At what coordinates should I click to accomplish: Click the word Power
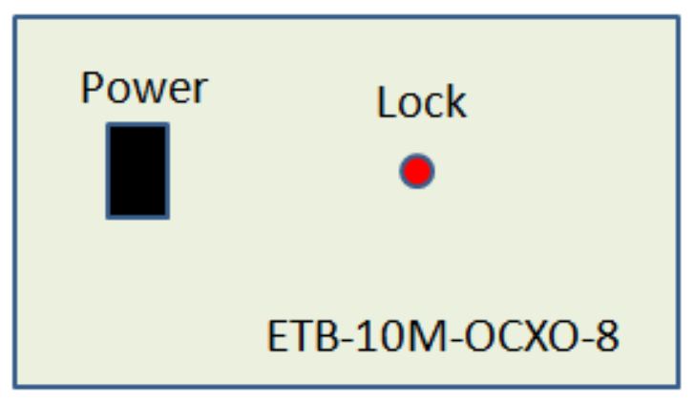[x=144, y=88]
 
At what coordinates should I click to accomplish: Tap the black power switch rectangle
[x=137, y=171]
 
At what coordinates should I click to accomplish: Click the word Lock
[x=421, y=102]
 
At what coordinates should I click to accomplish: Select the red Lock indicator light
[x=417, y=171]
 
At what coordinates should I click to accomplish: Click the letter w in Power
[x=151, y=92]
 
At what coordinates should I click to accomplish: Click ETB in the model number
[x=303, y=336]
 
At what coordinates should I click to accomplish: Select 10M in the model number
[x=401, y=336]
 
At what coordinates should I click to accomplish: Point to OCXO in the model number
[x=523, y=336]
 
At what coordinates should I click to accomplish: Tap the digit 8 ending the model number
[x=607, y=336]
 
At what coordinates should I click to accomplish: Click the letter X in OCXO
[x=535, y=336]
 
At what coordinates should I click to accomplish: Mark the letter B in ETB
[x=326, y=336]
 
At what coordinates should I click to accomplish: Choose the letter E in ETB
[x=277, y=336]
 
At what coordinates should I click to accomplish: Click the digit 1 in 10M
[x=366, y=336]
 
